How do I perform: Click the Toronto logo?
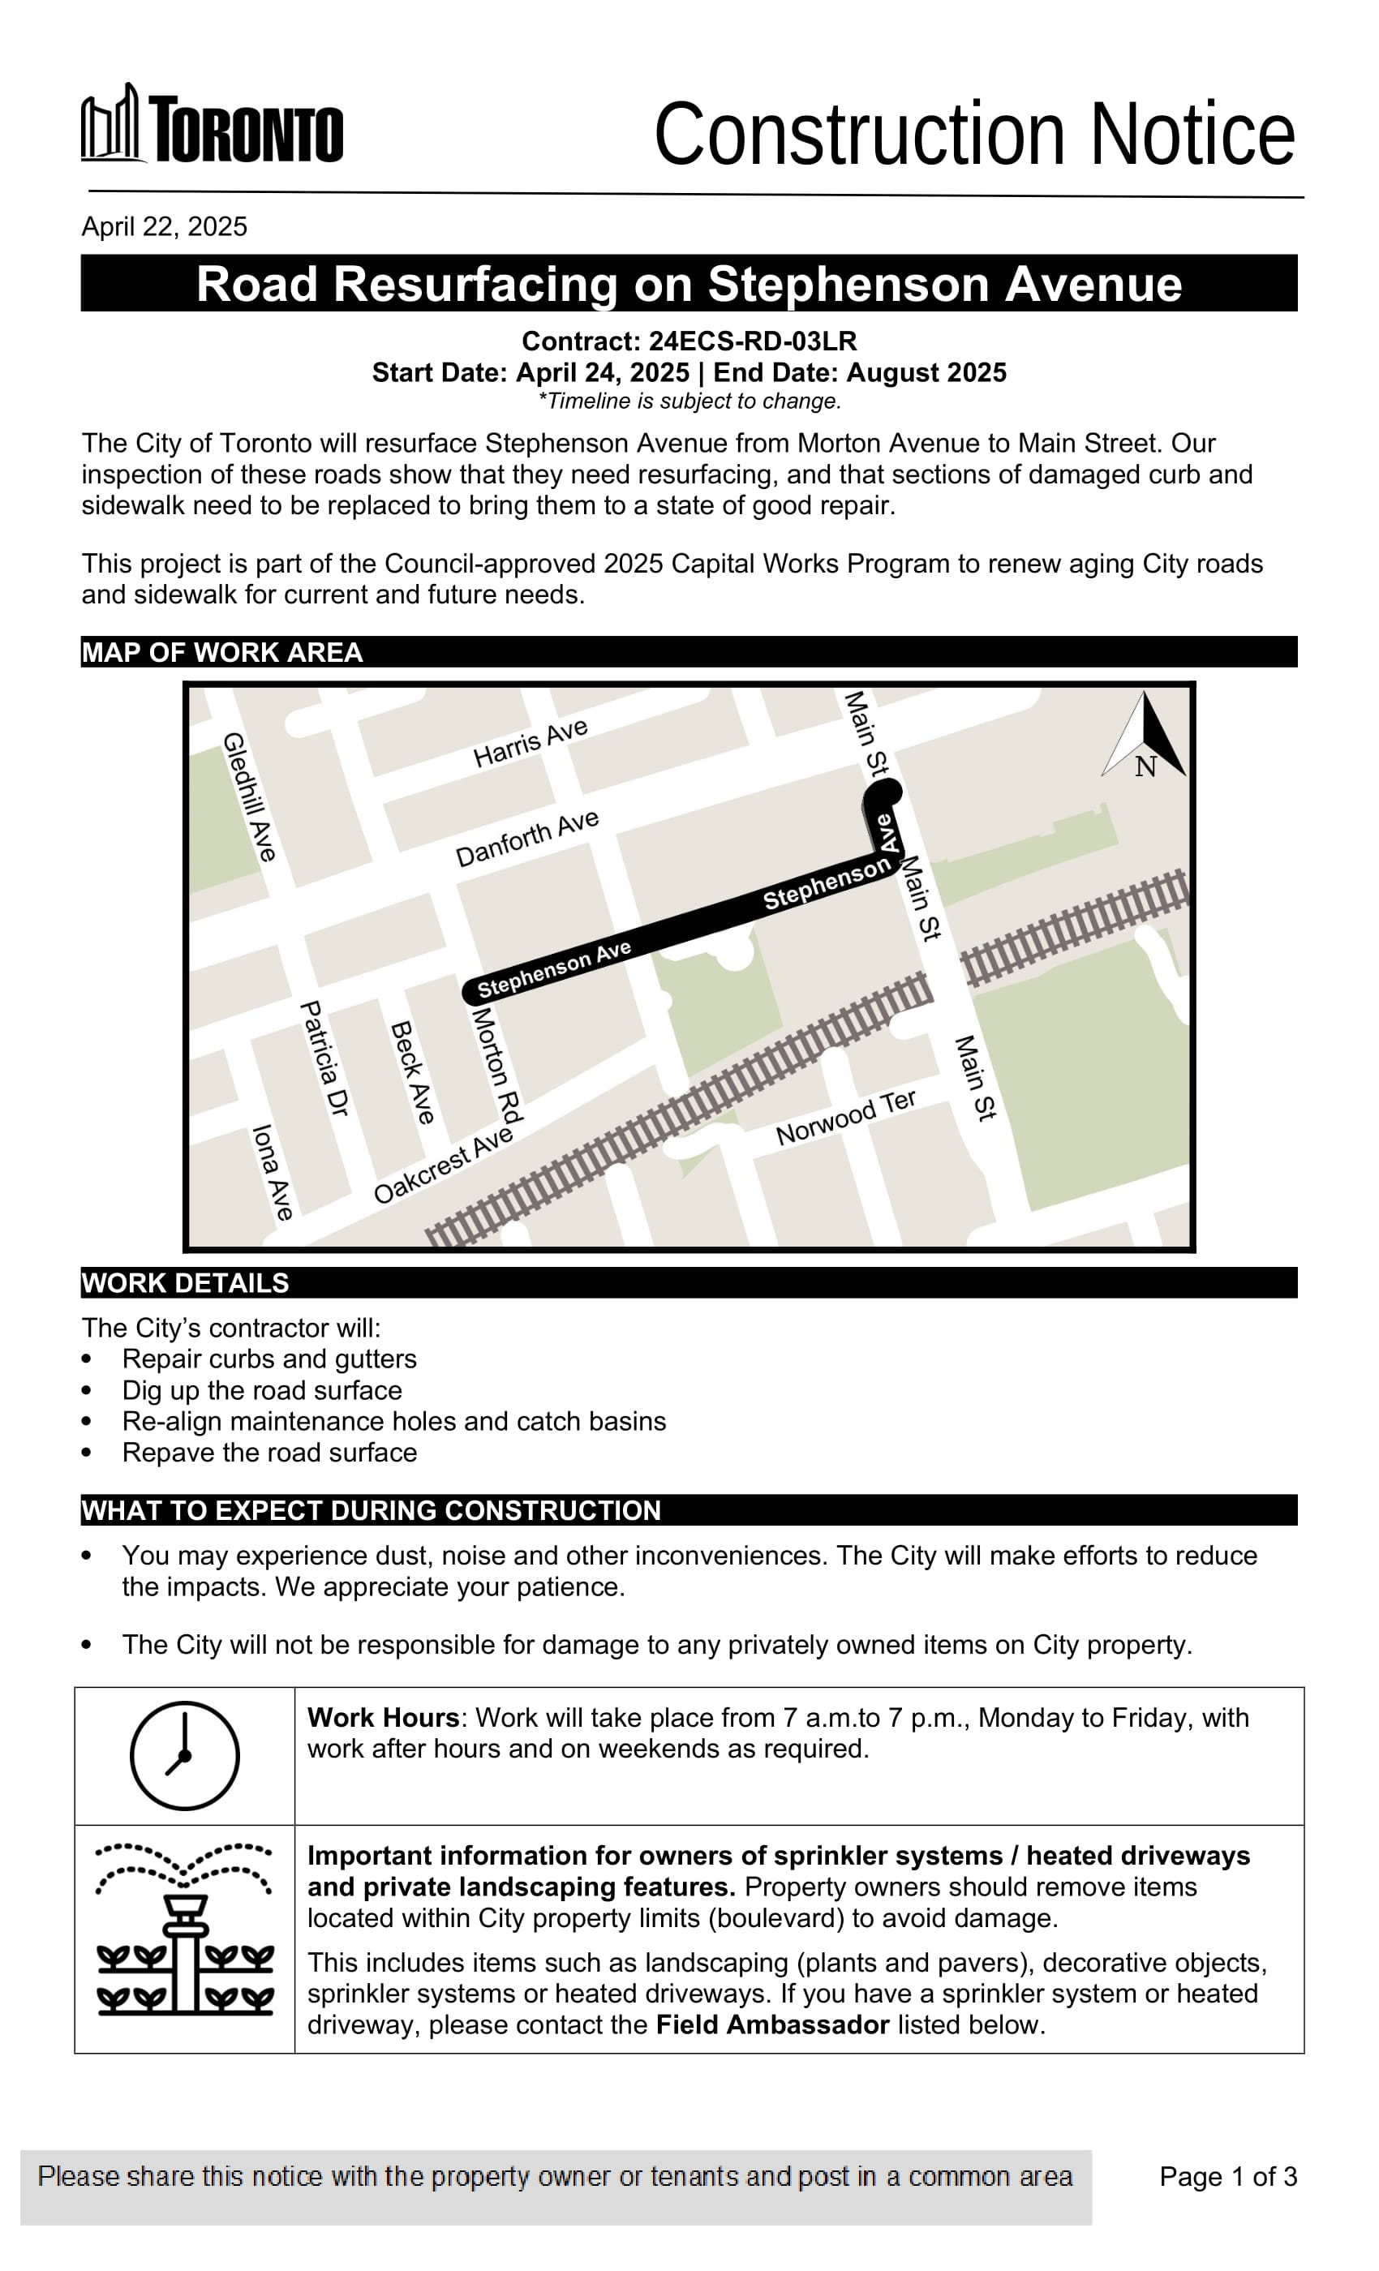tap(212, 124)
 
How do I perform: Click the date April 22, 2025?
tap(164, 227)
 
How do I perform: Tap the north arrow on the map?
tap(1145, 736)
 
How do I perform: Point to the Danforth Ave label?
tap(527, 839)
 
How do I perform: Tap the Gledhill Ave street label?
tap(249, 796)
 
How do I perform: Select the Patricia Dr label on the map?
tap(324, 1059)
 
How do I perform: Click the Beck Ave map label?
tap(412, 1072)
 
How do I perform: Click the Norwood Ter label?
tap(845, 1117)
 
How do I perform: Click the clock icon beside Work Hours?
tap(184, 1755)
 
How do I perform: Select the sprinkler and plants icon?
tap(184, 1927)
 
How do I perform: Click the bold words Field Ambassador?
tap(772, 2025)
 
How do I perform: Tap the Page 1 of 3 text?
tap(1228, 2177)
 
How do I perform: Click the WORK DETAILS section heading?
tap(185, 1283)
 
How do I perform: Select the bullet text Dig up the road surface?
tap(262, 1390)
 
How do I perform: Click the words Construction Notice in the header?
tap(973, 135)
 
